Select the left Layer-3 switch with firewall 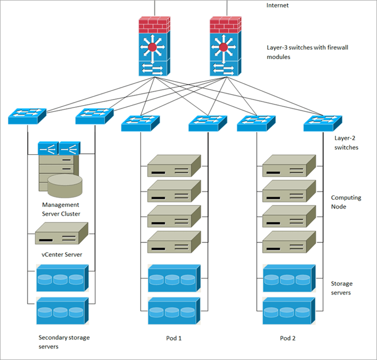click(x=155, y=47)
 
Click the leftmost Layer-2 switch click(x=27, y=117)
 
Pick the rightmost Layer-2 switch click(x=322, y=123)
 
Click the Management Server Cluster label click(x=61, y=209)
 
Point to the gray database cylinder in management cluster click(x=65, y=186)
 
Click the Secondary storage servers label click(x=64, y=342)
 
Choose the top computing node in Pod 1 click(x=174, y=166)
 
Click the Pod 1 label click(x=174, y=338)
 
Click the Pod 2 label click(x=288, y=338)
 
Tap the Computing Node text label click(x=346, y=202)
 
